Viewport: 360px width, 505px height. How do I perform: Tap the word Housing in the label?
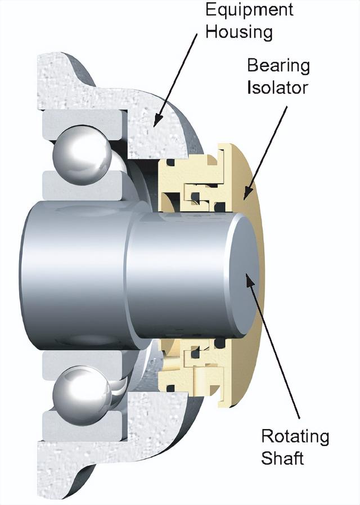pyautogui.click(x=238, y=31)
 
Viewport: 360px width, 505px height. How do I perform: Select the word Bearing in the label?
pyautogui.click(x=278, y=66)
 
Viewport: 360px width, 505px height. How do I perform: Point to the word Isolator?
pyautogui.click(x=278, y=88)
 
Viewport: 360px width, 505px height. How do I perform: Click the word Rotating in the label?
pyautogui.click(x=295, y=436)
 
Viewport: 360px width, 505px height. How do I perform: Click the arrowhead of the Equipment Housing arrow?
pyautogui.click(x=157, y=122)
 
